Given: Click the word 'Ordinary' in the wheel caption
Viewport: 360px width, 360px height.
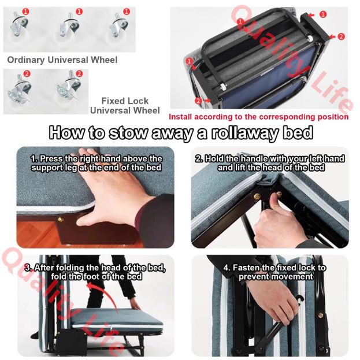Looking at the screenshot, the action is pyautogui.click(x=26, y=60).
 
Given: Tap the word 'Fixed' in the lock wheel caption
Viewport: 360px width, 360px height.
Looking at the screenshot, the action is pyautogui.click(x=113, y=101).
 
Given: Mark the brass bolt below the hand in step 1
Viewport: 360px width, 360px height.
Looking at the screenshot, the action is pyautogui.click(x=60, y=219).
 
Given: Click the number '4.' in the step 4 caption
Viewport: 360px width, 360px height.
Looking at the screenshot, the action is pyautogui.click(x=227, y=268).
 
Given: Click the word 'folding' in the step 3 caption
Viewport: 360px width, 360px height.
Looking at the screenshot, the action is pyautogui.click(x=70, y=268).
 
